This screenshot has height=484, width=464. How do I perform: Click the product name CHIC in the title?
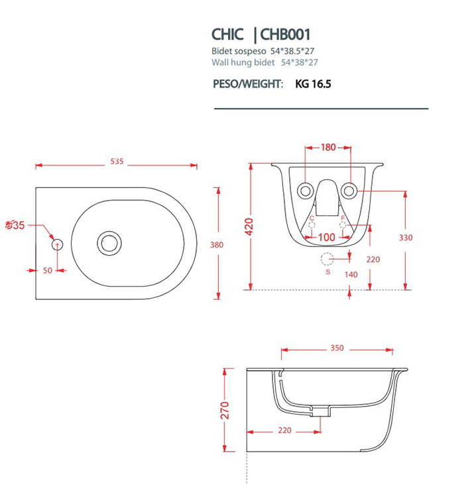(227, 34)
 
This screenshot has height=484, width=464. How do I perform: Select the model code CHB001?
(286, 34)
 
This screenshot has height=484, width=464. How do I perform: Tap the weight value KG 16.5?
(313, 84)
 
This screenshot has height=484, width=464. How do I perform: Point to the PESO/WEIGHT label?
(248, 84)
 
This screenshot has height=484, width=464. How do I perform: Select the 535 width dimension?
(117, 162)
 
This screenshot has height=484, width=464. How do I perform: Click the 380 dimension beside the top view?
(217, 244)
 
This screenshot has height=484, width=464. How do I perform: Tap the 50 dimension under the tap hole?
(47, 270)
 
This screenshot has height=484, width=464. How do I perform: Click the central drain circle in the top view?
(107, 242)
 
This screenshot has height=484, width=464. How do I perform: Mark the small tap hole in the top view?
(56, 244)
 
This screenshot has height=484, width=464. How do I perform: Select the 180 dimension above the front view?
(328, 148)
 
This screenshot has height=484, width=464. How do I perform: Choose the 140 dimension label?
(351, 274)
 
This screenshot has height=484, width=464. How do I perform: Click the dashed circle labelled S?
(327, 259)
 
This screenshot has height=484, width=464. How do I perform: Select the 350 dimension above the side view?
(337, 348)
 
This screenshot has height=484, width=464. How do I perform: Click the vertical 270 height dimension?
(225, 411)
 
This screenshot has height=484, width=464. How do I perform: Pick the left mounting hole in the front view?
(306, 191)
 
